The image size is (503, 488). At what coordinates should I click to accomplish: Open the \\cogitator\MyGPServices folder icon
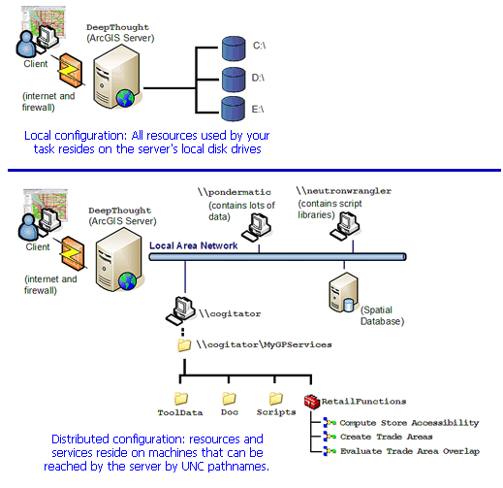184,344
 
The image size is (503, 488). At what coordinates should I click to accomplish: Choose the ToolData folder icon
179,399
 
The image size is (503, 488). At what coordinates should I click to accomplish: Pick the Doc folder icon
229,399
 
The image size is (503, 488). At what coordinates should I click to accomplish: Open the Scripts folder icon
276,399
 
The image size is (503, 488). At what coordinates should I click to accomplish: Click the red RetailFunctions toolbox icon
312,401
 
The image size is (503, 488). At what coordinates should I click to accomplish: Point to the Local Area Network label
193,245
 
